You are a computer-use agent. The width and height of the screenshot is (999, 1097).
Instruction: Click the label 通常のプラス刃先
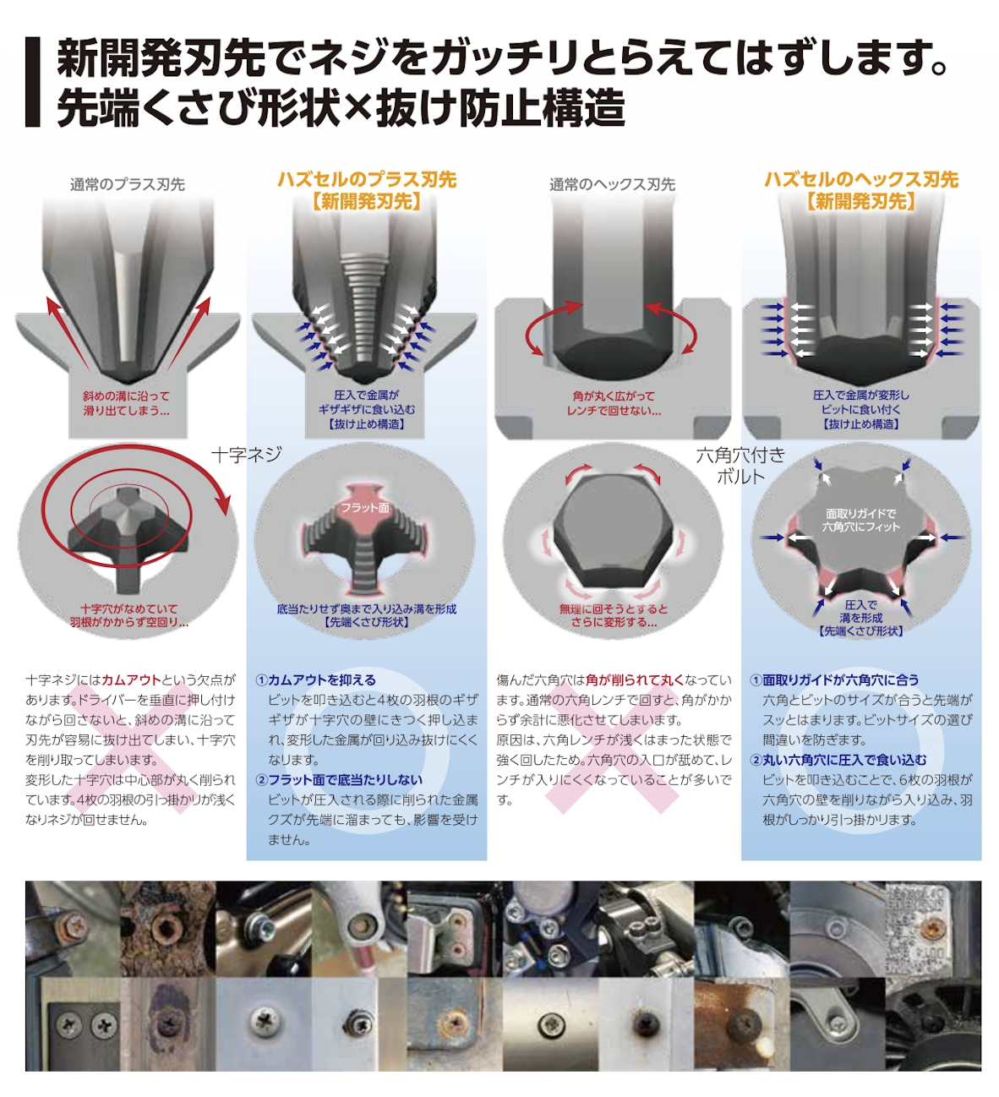128,184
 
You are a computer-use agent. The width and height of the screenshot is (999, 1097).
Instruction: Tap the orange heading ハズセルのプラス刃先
367,179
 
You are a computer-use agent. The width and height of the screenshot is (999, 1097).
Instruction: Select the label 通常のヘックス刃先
612,184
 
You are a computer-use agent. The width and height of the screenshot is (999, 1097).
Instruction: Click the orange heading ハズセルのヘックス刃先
860,179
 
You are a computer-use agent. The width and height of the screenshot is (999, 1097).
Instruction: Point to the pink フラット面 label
365,507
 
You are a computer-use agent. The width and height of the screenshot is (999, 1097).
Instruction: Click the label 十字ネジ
247,455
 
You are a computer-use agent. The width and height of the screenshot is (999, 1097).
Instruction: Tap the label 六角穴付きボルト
740,466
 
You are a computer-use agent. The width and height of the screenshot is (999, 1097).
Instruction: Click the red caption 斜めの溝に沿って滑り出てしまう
127,403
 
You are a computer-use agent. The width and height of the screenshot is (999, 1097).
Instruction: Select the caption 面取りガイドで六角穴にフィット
860,520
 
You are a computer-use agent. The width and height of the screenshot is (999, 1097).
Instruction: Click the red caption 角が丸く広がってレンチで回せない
614,403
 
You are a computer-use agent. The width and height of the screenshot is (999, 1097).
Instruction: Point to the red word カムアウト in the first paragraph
131,679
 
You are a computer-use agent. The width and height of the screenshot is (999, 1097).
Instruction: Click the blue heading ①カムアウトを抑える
316,679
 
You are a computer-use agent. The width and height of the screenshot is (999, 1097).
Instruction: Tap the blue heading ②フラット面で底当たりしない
339,780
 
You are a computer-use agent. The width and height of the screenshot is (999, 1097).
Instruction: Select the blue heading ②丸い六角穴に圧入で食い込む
838,760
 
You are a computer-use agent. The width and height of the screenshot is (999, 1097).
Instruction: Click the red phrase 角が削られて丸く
635,679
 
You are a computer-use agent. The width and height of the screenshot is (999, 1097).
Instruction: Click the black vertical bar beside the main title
33,82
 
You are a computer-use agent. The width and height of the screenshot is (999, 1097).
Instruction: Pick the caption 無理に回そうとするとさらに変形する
614,615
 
